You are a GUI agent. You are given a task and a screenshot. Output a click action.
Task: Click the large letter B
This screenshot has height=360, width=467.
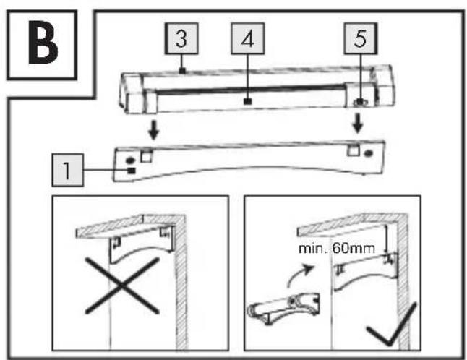43,43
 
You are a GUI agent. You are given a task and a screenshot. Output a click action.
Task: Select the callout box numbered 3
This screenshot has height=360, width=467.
181,39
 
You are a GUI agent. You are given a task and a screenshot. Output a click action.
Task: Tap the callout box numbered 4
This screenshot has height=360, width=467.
247,39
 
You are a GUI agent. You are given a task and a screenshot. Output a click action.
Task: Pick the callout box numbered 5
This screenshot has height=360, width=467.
361,39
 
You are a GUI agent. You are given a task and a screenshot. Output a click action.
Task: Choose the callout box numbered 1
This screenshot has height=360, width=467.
68,170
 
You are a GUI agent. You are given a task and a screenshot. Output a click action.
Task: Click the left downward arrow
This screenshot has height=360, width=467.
154,130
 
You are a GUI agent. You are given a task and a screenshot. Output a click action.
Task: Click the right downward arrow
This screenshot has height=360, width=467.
358,123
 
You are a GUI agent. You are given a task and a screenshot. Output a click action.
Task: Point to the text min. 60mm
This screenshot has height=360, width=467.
337,249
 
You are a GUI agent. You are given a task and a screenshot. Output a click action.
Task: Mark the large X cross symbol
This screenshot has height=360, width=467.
122,286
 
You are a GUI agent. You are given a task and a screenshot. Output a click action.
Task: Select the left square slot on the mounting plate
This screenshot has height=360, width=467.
147,155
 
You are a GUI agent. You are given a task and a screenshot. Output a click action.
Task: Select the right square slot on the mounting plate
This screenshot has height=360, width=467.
354,150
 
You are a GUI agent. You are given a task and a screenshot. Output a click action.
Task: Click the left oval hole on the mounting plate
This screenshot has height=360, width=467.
130,160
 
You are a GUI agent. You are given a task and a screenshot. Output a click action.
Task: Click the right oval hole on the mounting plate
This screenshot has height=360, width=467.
369,154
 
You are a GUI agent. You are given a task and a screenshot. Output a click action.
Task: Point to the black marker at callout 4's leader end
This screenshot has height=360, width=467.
247,101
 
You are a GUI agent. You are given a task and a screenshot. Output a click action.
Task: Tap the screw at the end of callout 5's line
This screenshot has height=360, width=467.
361,102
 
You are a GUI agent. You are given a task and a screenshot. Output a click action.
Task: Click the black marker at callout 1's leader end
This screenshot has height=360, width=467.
132,171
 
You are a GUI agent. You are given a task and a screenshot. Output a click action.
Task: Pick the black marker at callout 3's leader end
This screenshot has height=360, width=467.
183,71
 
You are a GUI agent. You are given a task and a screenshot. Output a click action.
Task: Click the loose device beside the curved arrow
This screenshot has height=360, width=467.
283,308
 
